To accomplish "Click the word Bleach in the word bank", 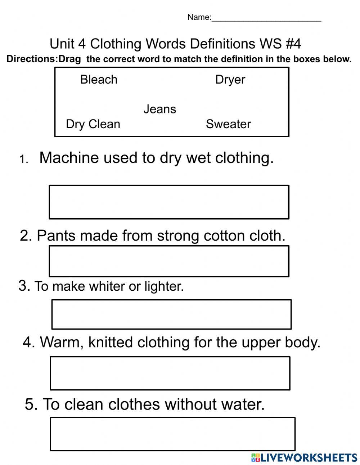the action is tap(99, 79).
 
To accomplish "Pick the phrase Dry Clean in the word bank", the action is tap(93, 124).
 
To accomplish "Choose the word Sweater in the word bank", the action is tap(228, 124).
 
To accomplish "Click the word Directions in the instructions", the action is tap(32, 59).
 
